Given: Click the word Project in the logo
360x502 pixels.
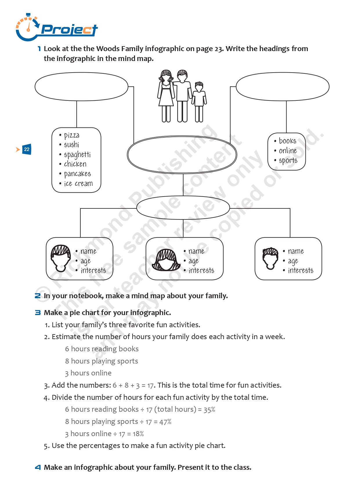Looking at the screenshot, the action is pos(69,30).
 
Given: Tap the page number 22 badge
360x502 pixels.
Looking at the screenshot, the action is pos(27,149).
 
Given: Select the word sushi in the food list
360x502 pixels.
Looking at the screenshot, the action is pos(71,144).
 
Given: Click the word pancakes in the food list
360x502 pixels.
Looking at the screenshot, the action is pos(77,174).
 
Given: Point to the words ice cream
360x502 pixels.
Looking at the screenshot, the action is pos(78,183).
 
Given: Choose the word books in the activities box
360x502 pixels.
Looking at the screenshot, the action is pos(287,141).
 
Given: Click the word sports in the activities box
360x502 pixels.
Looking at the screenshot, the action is pos(288,161).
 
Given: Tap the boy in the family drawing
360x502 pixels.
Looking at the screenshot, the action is pos(199,102).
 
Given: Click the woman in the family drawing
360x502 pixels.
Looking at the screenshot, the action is pos(166,96).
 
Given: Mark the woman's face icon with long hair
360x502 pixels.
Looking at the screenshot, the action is pos(166,260).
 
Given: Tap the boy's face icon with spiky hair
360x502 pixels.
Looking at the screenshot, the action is pos(270,258).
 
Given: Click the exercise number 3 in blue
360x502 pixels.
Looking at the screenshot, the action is pos(38,313).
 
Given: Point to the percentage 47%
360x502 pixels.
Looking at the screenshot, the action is pos(165,422).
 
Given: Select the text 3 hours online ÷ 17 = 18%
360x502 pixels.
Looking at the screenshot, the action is pos(104,434).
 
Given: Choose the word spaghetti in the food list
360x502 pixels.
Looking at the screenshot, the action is pos(77,154).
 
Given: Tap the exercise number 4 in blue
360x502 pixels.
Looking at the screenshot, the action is pos(38,467).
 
